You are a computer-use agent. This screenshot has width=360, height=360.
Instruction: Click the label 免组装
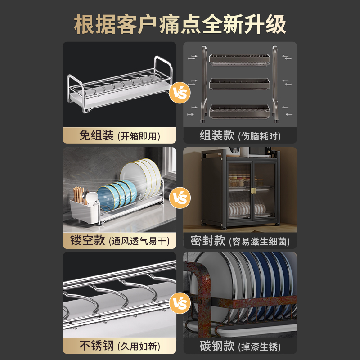(96, 135)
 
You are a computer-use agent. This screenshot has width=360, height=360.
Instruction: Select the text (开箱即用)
(139, 136)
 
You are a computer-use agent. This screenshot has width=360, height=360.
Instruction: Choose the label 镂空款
(87, 240)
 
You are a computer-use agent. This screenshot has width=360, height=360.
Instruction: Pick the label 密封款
(207, 240)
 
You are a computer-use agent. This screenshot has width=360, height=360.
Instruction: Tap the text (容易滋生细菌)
(260, 241)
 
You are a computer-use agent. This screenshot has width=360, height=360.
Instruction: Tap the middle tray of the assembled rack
(239, 84)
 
